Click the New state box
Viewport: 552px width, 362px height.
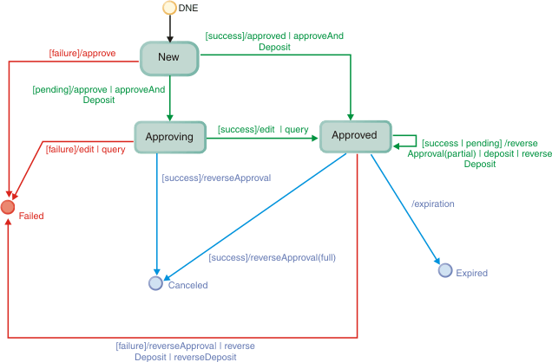pyautogui.click(x=169, y=57)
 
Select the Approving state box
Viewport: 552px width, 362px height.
pyautogui.click(x=169, y=137)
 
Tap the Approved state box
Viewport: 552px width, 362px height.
pyautogui.click(x=355, y=136)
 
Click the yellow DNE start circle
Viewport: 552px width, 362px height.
pyautogui.click(x=170, y=9)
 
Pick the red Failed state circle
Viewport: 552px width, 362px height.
pyautogui.click(x=9, y=207)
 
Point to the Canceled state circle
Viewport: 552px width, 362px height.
pyautogui.click(x=155, y=282)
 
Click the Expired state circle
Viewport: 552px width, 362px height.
pyautogui.click(x=445, y=271)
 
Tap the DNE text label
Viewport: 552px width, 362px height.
pyautogui.click(x=189, y=9)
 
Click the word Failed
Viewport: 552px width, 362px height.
pyautogui.click(x=31, y=216)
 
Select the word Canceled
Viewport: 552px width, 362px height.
pyautogui.click(x=187, y=285)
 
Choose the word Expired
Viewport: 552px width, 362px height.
pyautogui.click(x=472, y=274)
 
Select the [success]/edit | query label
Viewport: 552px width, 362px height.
pyautogui.click(x=263, y=129)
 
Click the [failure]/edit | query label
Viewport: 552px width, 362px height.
pyautogui.click(x=85, y=149)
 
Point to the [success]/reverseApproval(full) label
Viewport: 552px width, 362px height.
pyautogui.click(x=272, y=257)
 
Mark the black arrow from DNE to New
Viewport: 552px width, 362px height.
pyautogui.click(x=170, y=28)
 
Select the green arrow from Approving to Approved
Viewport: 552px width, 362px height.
pyautogui.click(x=260, y=138)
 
